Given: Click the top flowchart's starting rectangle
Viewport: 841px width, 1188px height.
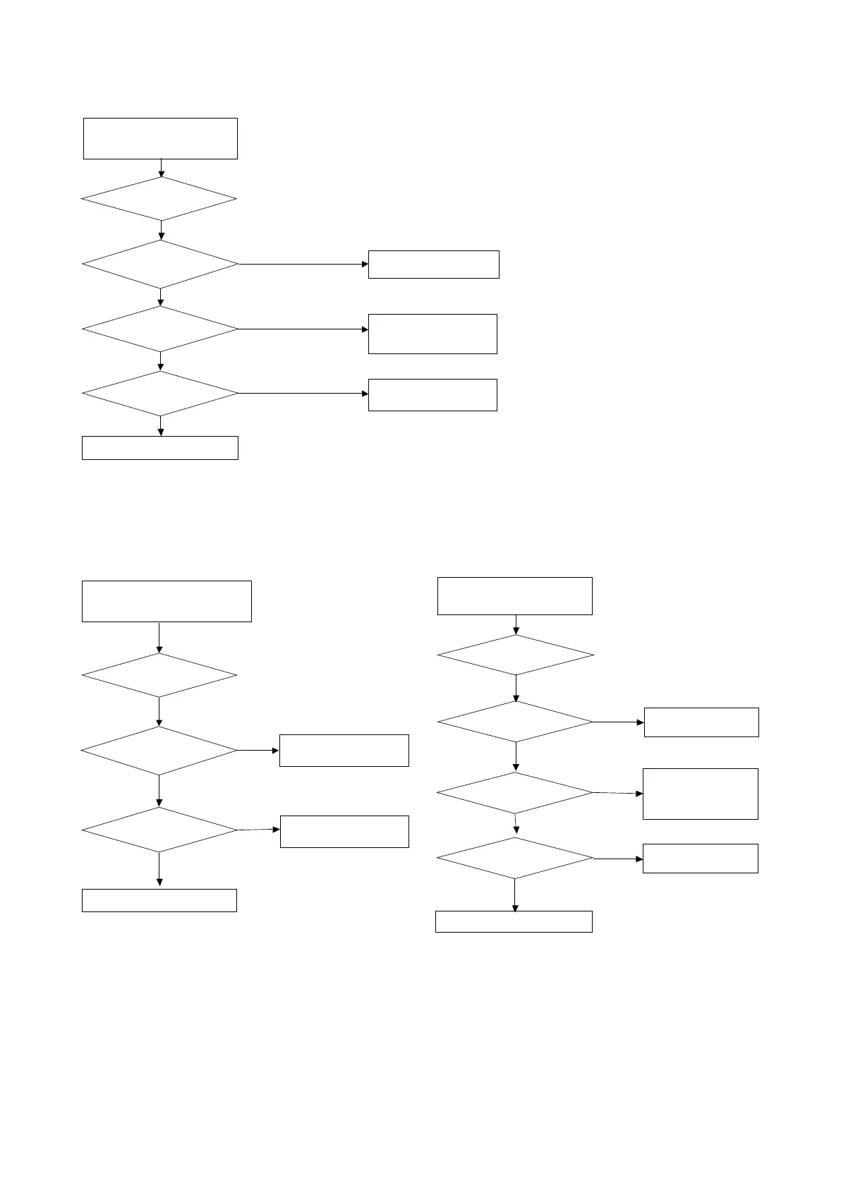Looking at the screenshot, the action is [x=160, y=138].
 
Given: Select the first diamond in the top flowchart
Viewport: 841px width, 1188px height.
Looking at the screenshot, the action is [x=159, y=199].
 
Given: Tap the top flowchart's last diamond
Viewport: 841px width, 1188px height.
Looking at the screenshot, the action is [x=160, y=394].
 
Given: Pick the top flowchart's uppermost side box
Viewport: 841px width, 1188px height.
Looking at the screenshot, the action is [x=433, y=265].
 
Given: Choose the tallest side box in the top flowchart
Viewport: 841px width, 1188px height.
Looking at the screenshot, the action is [x=432, y=334].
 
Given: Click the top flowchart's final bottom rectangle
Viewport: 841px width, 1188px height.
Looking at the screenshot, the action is [x=160, y=448].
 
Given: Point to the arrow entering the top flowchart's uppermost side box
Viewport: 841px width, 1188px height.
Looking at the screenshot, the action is [x=303, y=265].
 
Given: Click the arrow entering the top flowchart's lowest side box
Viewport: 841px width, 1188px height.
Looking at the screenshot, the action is [x=303, y=394].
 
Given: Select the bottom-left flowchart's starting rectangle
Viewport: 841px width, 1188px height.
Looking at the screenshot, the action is [x=167, y=601].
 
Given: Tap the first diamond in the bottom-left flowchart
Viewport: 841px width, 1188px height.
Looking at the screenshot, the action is [x=159, y=676].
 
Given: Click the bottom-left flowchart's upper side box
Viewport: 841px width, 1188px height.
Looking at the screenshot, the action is [x=344, y=751].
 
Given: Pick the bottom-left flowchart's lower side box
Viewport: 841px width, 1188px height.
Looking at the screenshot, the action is [x=344, y=831].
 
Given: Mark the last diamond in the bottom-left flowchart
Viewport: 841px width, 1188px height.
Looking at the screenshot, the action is [x=159, y=830].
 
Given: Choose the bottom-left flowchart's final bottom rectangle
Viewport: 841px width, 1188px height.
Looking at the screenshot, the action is [x=159, y=901].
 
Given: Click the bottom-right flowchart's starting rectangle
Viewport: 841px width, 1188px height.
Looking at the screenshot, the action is [x=515, y=596].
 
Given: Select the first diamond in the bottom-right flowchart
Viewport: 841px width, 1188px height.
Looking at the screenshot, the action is [x=516, y=655].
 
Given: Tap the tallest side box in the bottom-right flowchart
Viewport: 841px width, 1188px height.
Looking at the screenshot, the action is [x=701, y=794].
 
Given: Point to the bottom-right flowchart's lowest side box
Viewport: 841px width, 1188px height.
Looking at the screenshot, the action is [x=701, y=859].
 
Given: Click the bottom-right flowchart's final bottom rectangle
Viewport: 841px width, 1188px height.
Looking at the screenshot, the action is [x=514, y=922].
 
